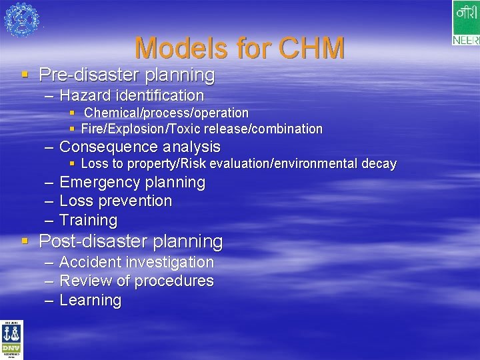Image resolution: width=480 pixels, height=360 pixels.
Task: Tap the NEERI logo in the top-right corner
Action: (x=465, y=23)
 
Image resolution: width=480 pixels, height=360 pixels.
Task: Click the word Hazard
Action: (x=85, y=96)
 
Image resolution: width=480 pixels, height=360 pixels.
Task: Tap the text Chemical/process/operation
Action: (x=166, y=113)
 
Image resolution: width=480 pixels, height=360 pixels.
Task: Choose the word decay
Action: (x=380, y=163)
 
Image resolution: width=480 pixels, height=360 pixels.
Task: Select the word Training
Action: (x=88, y=220)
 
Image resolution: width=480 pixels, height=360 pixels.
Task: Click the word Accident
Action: (x=90, y=262)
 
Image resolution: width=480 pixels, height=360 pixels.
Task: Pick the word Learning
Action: (x=90, y=300)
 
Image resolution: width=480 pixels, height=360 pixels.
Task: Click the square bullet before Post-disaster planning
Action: (x=25, y=240)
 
